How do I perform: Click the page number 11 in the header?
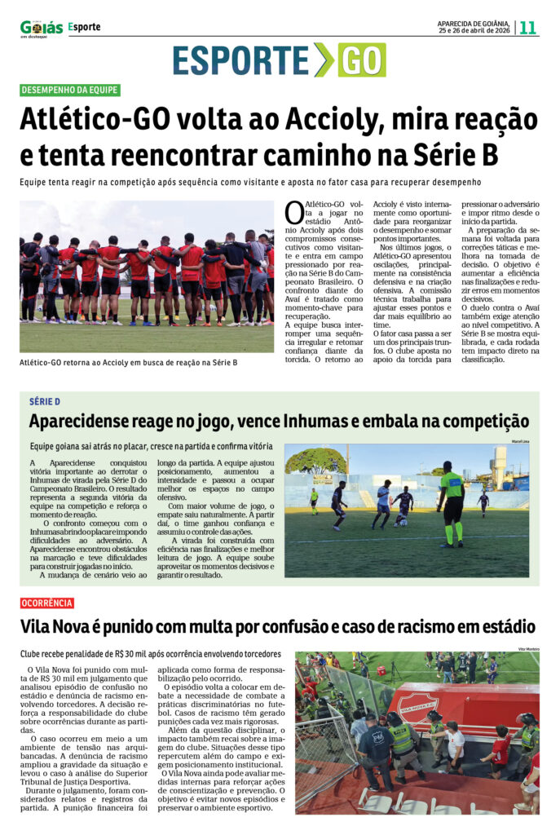[528, 27]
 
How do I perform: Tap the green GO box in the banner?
[361, 60]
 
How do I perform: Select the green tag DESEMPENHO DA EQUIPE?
[70, 91]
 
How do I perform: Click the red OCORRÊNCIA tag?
[47, 603]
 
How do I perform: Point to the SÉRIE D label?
[45, 402]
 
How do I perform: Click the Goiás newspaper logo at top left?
[41, 29]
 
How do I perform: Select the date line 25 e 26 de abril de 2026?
[474, 31]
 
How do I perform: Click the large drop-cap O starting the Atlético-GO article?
[294, 212]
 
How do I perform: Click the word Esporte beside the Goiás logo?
[85, 27]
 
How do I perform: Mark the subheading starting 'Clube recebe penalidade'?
[151, 653]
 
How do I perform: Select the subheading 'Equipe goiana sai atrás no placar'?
[151, 446]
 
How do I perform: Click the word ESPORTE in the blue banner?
[241, 60]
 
